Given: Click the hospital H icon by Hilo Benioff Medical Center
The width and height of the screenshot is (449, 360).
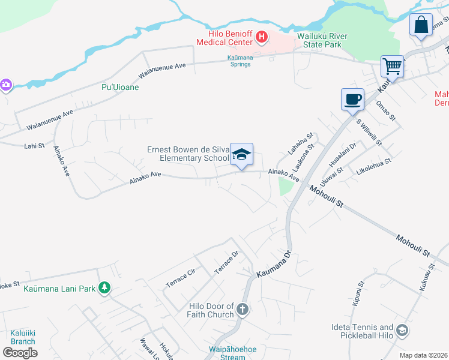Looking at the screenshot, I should pos(261,38).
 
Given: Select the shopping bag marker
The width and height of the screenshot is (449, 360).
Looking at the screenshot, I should pos(421,25).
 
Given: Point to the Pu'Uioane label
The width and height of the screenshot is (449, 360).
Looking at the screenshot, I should pos(119,87).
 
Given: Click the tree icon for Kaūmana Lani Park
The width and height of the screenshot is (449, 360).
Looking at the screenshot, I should pos(104,289).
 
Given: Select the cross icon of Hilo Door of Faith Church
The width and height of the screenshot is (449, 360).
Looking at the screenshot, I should pos(243,310).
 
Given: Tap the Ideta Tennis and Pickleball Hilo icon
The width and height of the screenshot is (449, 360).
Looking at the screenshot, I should pos(402,331).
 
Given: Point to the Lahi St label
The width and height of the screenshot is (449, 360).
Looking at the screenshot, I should pos(34,146).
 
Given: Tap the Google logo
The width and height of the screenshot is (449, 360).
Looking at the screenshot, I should pos(20,353).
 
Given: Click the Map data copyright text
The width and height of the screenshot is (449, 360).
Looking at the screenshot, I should pos(424,355).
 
